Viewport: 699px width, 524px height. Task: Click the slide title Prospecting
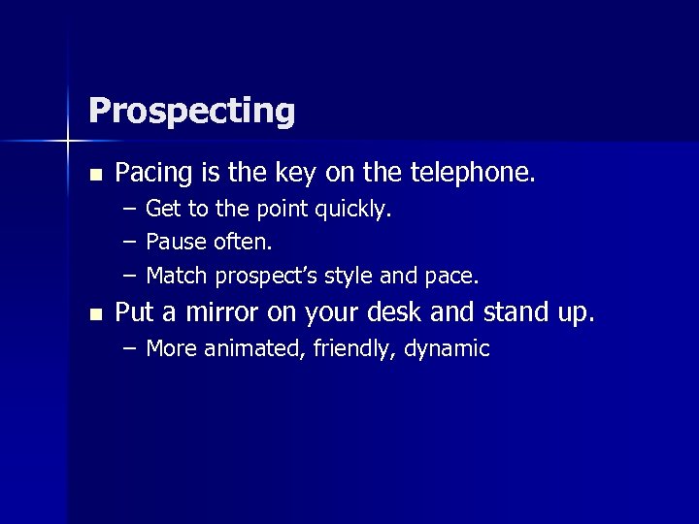(x=191, y=112)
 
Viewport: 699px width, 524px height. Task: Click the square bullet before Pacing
(x=94, y=176)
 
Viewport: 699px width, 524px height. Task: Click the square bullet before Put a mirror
(x=94, y=314)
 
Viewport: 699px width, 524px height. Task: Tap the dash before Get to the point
(x=130, y=210)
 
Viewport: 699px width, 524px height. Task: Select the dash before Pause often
(x=130, y=243)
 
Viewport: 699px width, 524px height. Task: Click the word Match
(x=176, y=276)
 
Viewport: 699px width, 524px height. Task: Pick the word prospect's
(x=266, y=277)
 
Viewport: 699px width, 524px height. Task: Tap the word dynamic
(x=445, y=349)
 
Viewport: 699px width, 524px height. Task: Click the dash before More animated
(x=130, y=349)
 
